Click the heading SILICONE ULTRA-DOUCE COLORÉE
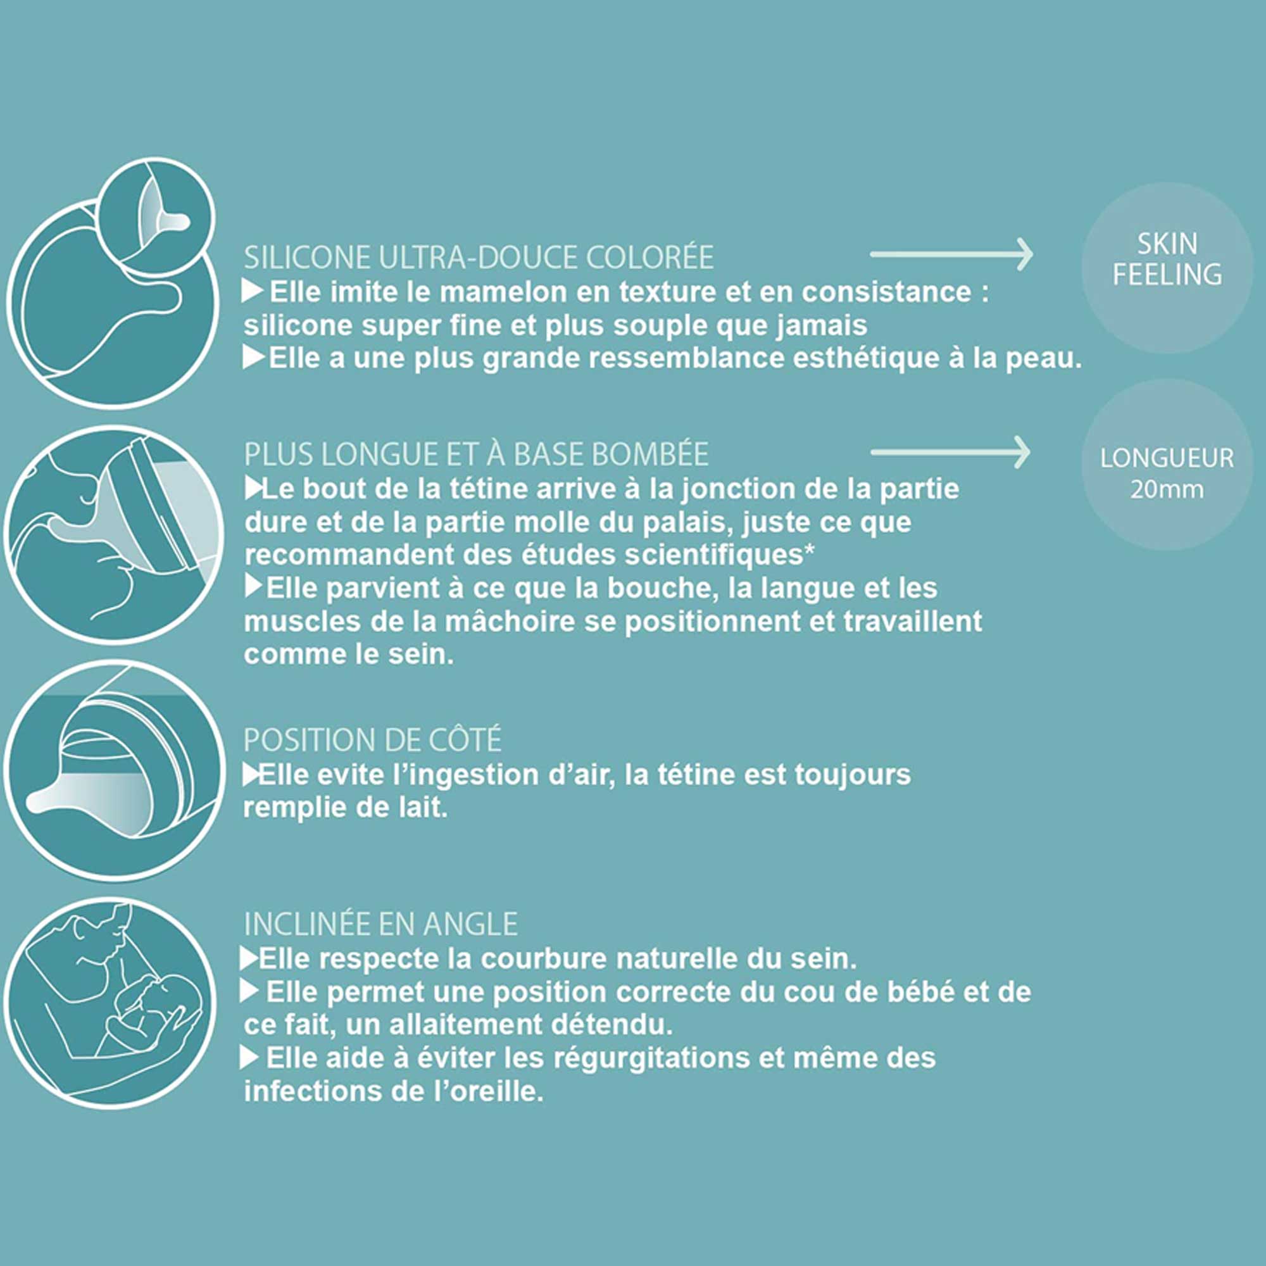pyautogui.click(x=479, y=257)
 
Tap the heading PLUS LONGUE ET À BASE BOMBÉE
pyautogui.click(x=477, y=454)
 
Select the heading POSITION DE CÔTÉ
pyautogui.click(x=372, y=740)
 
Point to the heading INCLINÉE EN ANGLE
pyautogui.click(x=380, y=924)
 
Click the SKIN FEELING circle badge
pyautogui.click(x=1167, y=267)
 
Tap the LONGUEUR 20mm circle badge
pyautogui.click(x=1167, y=465)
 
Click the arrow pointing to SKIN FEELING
pyautogui.click(x=951, y=254)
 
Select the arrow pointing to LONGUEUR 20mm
pyautogui.click(x=950, y=452)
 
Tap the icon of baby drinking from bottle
pyautogui.click(x=113, y=534)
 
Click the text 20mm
pyautogui.click(x=1167, y=489)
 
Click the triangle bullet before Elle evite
pyautogui.click(x=251, y=775)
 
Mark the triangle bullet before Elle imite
pyautogui.click(x=253, y=292)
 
